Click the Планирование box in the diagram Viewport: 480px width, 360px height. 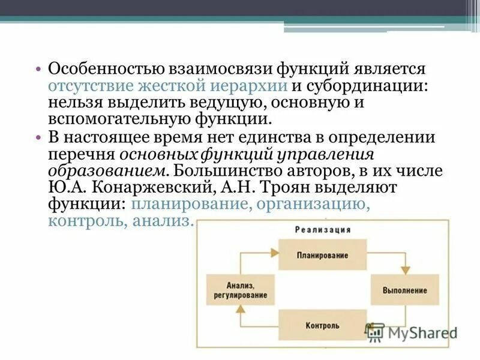click(x=322, y=255)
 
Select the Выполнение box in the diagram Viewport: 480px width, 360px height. click(x=404, y=290)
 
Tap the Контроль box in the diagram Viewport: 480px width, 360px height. click(x=322, y=326)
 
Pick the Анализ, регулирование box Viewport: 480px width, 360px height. click(x=239, y=290)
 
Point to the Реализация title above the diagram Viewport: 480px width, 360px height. click(x=322, y=230)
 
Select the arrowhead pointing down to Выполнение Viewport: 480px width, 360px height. click(x=405, y=270)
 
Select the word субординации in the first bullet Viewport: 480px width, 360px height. click(x=367, y=85)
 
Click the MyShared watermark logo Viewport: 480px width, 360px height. click(x=410, y=332)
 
